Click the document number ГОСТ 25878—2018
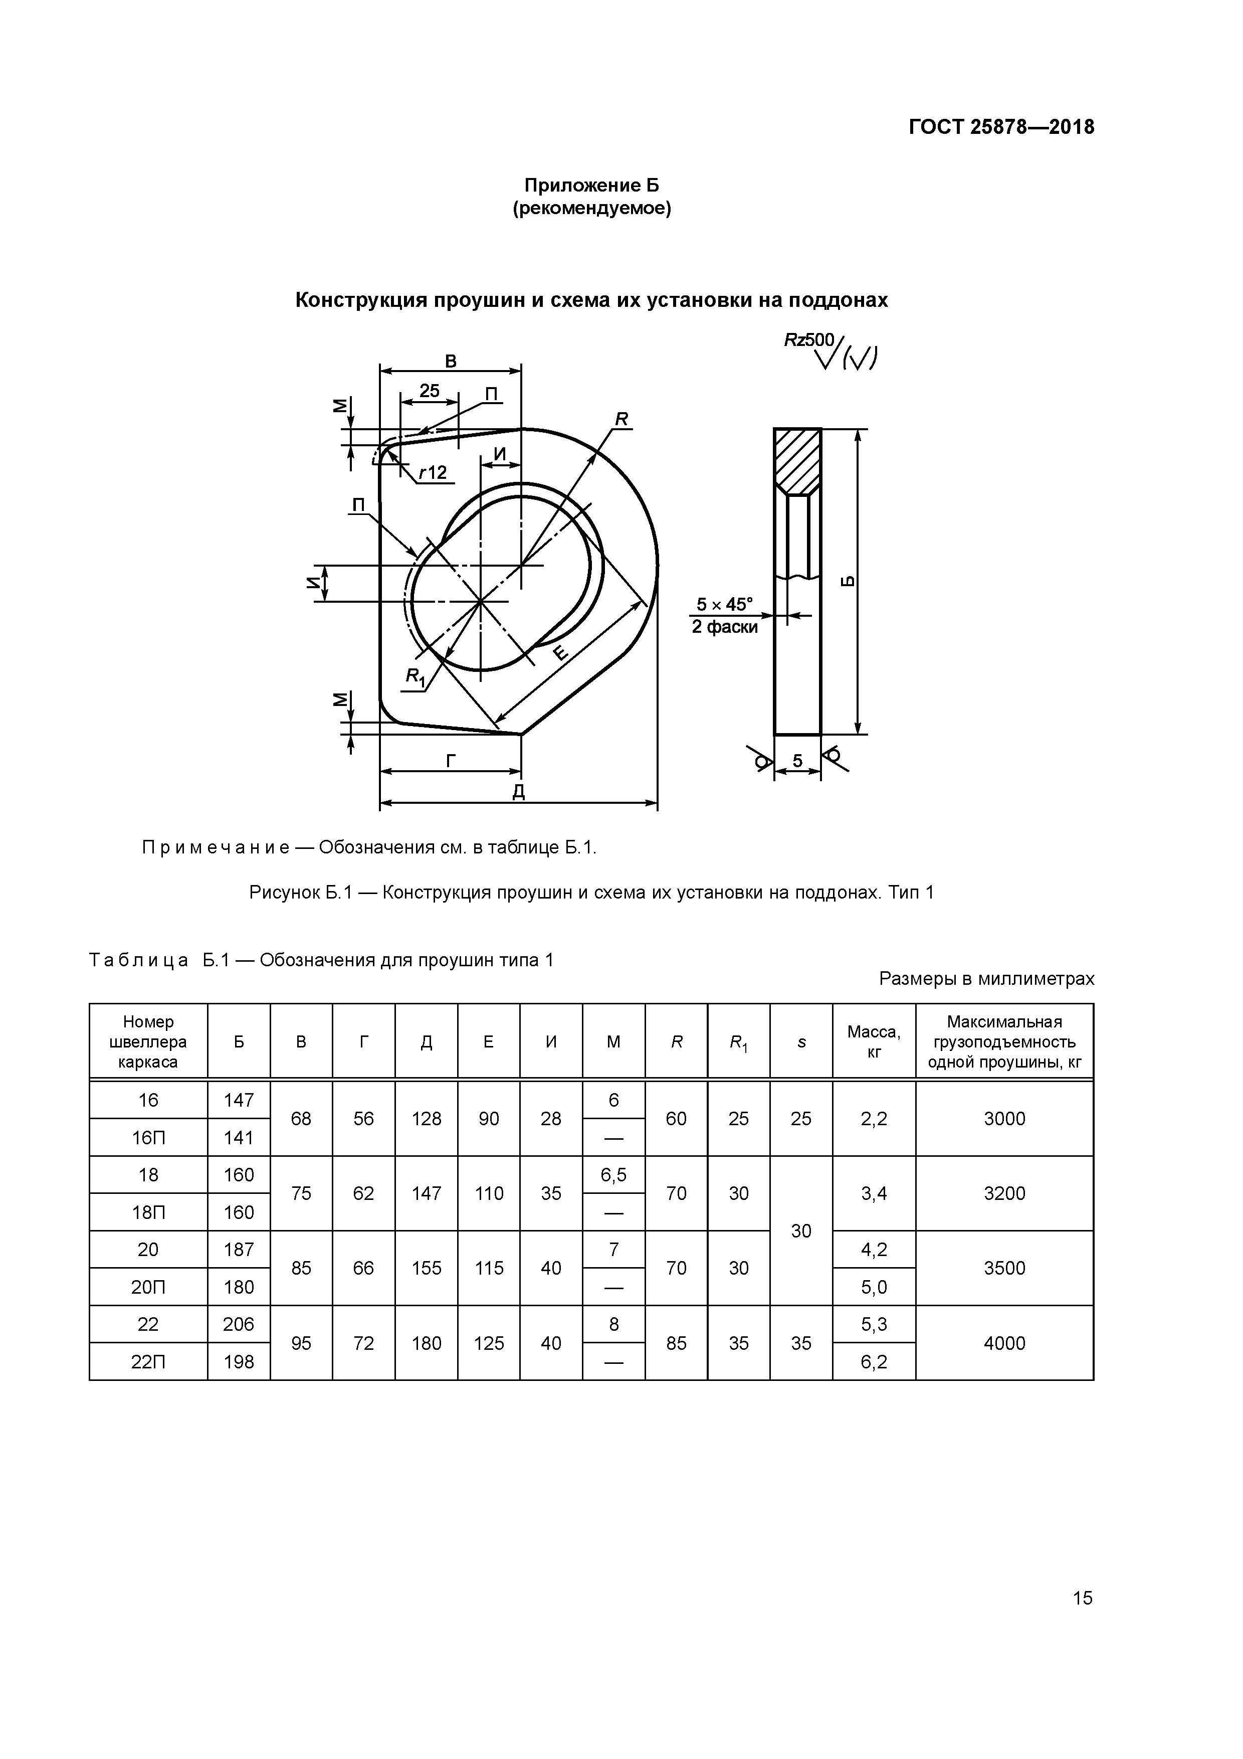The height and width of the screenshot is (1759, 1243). pyautogui.click(x=1001, y=127)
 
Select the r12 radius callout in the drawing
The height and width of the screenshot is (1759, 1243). pyautogui.click(x=433, y=473)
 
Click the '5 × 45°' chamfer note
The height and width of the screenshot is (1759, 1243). pyautogui.click(x=724, y=604)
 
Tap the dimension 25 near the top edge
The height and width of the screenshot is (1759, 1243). pyautogui.click(x=430, y=391)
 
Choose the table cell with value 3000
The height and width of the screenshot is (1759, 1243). pyautogui.click(x=1004, y=1119)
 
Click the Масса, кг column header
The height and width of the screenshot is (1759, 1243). pyautogui.click(x=874, y=1042)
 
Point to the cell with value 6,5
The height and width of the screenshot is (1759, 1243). pyautogui.click(x=613, y=1174)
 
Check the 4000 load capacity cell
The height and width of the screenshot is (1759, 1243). pyautogui.click(x=1004, y=1343)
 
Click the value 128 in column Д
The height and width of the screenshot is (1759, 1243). pyautogui.click(x=427, y=1119)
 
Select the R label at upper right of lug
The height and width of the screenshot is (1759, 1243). pyautogui.click(x=621, y=419)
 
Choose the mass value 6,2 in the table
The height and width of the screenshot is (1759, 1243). pyautogui.click(x=874, y=1361)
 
